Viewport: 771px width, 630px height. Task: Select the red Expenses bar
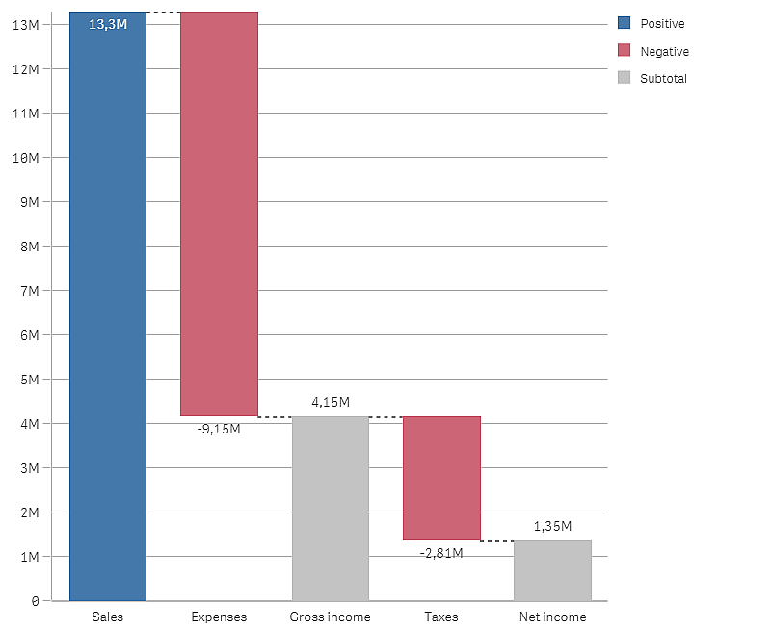point(219,212)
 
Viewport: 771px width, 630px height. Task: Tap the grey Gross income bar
point(330,509)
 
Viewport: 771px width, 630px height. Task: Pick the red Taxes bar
point(441,478)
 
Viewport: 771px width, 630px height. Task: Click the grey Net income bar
point(552,570)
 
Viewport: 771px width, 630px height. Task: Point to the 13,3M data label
point(107,25)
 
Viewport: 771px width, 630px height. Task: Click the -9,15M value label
point(219,429)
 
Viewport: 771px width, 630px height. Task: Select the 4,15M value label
point(330,402)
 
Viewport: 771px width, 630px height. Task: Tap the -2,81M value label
point(441,553)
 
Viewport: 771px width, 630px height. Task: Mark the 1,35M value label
point(552,526)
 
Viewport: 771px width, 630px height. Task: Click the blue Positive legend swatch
point(624,23)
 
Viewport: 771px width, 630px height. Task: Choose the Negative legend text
point(664,51)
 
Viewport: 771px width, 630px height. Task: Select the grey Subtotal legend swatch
point(624,78)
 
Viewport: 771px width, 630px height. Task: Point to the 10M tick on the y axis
point(26,158)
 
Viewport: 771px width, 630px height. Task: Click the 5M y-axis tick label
point(30,380)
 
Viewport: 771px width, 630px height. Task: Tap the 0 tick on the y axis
point(35,601)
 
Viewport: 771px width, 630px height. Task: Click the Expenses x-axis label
point(219,617)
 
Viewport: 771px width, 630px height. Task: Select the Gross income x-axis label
point(330,617)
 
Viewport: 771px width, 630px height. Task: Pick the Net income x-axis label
point(552,617)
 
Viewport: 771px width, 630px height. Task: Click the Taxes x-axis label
point(441,617)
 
